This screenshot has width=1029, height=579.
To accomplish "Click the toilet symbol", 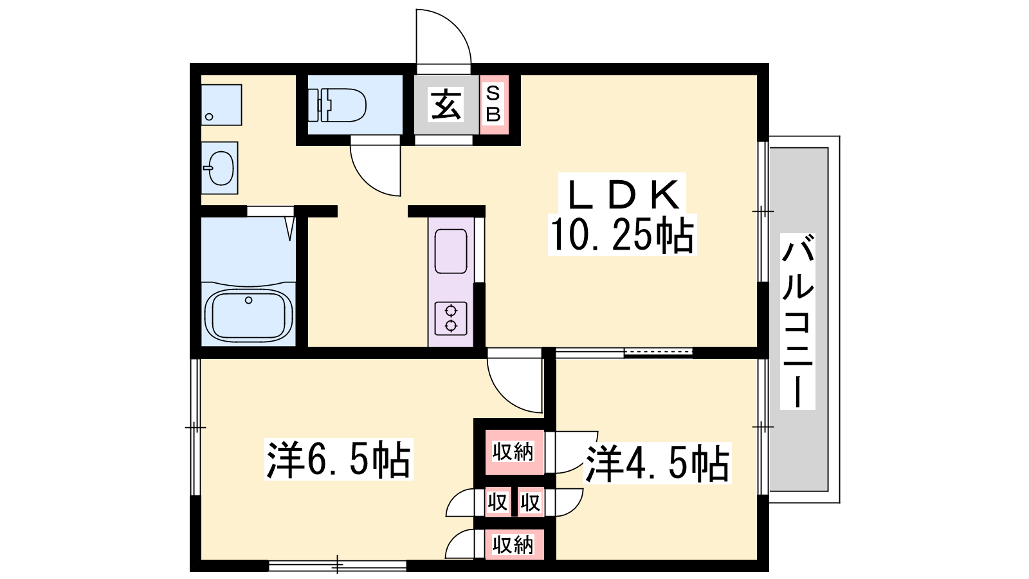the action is [337, 105].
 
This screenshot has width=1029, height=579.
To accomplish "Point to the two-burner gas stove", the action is [451, 318].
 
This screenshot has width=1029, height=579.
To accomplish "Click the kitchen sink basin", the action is [451, 251].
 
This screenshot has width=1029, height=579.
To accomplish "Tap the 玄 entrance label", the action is [445, 105].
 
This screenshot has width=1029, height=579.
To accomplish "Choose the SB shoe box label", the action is [493, 105].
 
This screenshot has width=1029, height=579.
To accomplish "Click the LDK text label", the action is [623, 194].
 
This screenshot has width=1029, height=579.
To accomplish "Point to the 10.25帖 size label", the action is [622, 235].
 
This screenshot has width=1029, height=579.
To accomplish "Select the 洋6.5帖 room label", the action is [338, 459].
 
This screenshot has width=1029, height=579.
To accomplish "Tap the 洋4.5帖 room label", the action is [657, 463].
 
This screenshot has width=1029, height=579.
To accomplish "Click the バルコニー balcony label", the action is [798, 321].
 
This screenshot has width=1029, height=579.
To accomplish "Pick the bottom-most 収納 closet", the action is [514, 545].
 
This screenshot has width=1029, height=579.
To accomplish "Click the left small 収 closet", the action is [498, 502].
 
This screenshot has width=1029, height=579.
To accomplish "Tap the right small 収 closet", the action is [531, 502].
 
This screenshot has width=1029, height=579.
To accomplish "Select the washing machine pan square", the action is [221, 105].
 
